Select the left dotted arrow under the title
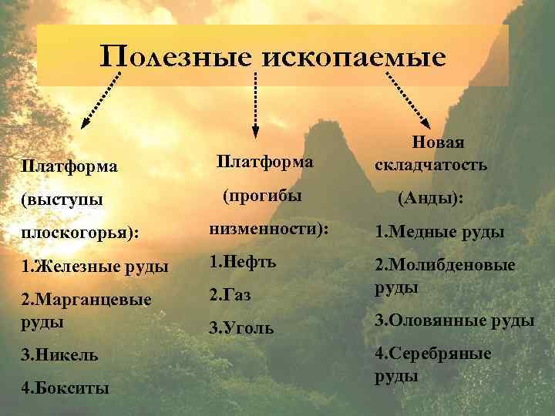[103, 96]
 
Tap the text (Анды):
[430, 198]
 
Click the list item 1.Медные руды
[439, 232]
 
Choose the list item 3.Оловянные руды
[454, 320]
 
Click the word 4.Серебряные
[432, 354]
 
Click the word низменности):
[268, 229]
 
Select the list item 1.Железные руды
[96, 267]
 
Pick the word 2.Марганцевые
[86, 300]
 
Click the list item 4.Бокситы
[65, 388]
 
